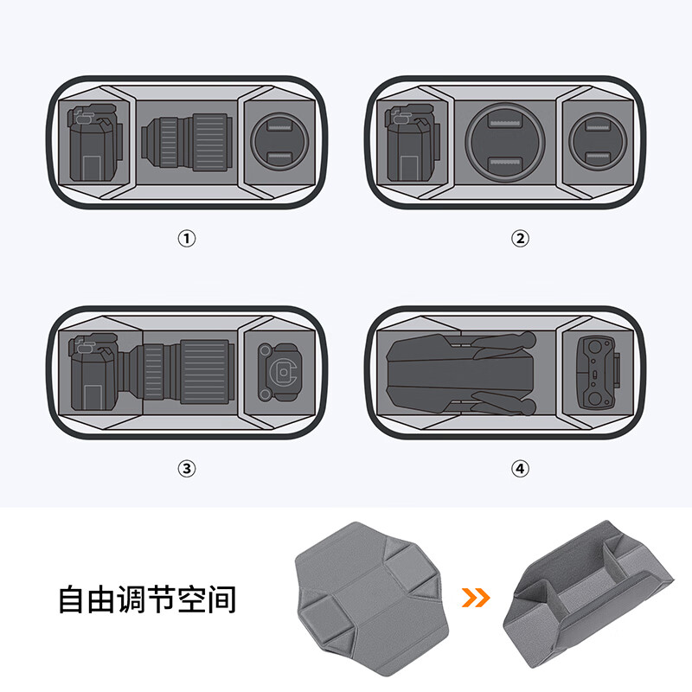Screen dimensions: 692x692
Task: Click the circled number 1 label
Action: click(x=187, y=239)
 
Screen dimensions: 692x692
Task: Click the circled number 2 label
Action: click(x=521, y=239)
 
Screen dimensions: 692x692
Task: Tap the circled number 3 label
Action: click(x=187, y=468)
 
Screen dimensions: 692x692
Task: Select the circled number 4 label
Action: click(x=521, y=468)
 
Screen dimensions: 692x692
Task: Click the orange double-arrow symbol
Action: click(x=476, y=598)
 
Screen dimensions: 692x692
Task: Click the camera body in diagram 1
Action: click(x=95, y=143)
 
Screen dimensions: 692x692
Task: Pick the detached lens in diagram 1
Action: click(x=187, y=143)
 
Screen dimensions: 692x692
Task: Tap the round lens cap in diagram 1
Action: click(x=279, y=142)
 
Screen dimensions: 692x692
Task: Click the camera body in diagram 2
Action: click(x=413, y=143)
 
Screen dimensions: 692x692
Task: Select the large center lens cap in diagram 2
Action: click(x=505, y=142)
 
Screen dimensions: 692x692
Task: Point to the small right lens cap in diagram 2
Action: click(x=598, y=142)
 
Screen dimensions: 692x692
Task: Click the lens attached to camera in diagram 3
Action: click(x=182, y=372)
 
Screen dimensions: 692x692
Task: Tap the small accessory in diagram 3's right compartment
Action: click(x=278, y=372)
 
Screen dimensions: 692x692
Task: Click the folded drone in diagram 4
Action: click(x=461, y=374)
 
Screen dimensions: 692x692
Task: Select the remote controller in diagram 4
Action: click(x=599, y=373)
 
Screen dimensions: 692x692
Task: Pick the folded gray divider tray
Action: click(x=589, y=593)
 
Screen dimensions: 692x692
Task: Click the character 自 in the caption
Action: click(x=71, y=599)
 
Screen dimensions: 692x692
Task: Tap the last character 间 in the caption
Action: click(x=222, y=599)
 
